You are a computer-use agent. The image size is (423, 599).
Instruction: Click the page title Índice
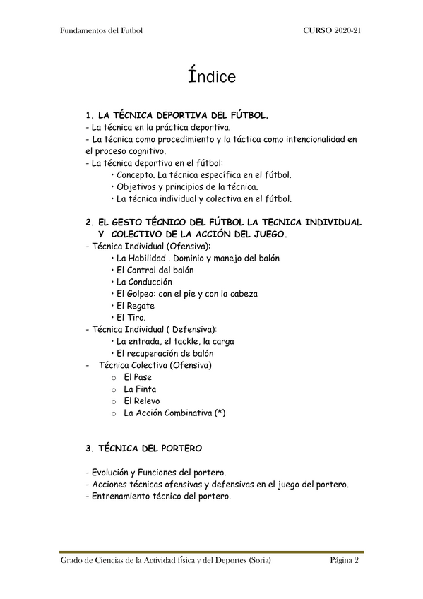point(211,76)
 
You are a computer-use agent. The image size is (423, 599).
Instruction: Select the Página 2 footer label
point(345,562)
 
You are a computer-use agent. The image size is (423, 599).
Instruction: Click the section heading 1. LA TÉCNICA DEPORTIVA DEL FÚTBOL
point(176,114)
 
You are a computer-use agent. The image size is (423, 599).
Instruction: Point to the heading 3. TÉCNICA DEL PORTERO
point(143,449)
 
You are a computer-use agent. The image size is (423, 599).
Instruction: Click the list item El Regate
point(135,306)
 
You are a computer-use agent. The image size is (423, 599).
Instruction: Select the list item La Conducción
point(144,282)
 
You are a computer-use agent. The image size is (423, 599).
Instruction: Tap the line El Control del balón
point(155,270)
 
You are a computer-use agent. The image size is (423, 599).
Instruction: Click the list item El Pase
point(137,377)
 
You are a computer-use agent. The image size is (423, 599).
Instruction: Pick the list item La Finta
point(140,389)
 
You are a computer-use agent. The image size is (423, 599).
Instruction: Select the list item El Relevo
point(142,401)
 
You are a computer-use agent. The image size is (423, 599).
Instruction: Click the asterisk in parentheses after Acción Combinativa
point(219,413)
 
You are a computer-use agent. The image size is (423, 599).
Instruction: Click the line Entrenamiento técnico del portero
point(157,497)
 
